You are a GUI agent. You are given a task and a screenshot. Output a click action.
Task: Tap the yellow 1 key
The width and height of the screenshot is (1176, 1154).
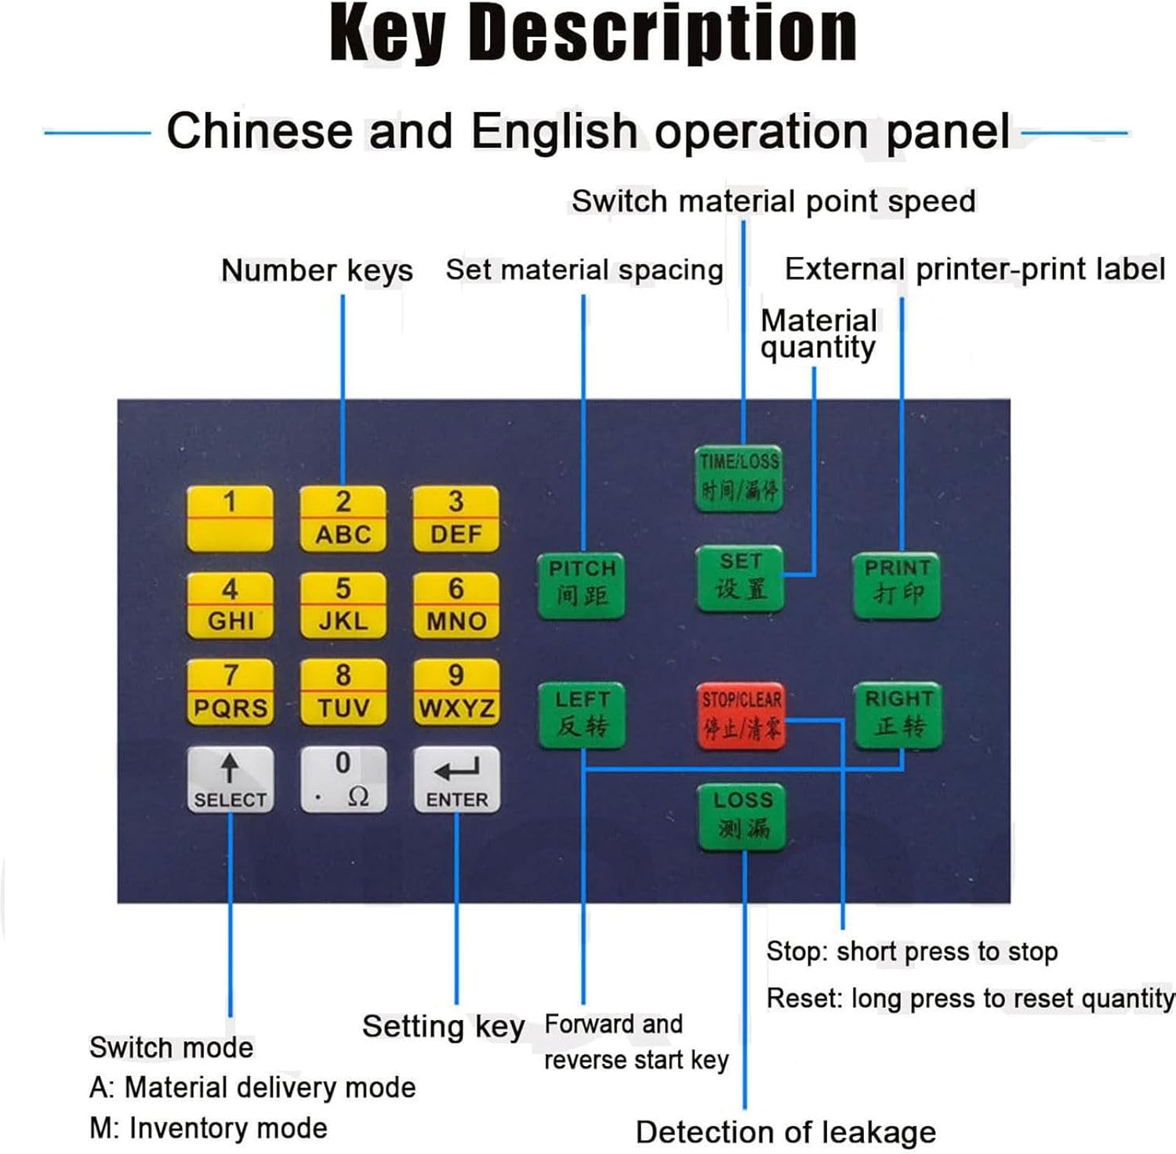click(230, 517)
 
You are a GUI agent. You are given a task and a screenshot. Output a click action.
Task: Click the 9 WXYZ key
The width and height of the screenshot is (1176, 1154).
click(456, 691)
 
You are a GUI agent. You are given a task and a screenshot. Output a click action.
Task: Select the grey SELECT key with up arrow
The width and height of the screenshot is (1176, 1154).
click(230, 778)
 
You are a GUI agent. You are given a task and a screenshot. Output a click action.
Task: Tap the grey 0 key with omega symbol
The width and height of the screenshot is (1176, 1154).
click(343, 778)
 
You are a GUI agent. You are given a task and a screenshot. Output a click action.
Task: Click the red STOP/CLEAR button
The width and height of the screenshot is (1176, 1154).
click(741, 715)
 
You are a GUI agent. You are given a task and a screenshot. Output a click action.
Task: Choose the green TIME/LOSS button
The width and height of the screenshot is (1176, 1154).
click(739, 477)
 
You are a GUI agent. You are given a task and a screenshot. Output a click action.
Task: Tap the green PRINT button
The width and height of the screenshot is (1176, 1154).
click(897, 582)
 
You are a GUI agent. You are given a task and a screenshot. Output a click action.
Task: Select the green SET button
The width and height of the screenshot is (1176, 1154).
click(740, 578)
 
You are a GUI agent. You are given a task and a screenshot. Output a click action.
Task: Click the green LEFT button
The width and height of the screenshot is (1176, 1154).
click(582, 714)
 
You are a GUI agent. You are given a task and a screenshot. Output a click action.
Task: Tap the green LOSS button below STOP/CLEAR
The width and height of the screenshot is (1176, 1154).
click(742, 816)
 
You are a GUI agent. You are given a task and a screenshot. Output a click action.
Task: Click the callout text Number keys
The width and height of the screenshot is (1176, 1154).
click(317, 270)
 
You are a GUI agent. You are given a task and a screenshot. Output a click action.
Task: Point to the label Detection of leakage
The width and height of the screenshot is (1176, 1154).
click(786, 1132)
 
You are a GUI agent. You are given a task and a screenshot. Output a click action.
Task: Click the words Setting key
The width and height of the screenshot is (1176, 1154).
click(443, 1026)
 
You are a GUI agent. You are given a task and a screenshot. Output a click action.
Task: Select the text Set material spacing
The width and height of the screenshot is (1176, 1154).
click(584, 270)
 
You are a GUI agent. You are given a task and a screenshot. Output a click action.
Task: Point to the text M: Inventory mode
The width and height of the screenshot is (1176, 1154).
click(209, 1127)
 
